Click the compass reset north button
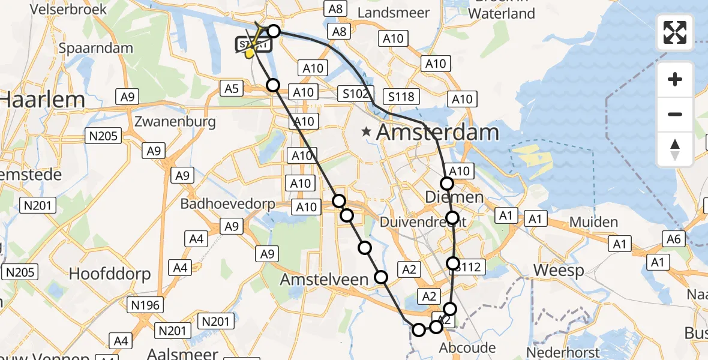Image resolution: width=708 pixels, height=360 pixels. tap(675, 149)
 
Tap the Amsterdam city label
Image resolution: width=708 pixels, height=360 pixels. tap(437, 133)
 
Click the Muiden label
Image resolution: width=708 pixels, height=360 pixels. tap(593, 222)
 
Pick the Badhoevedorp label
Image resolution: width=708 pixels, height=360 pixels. tap(228, 204)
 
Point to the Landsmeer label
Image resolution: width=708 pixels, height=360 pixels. tap(393, 13)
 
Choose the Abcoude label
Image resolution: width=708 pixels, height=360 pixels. tap(467, 347)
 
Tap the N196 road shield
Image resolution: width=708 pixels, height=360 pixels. tap(145, 305)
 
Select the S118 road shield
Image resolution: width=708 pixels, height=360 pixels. tap(401, 97)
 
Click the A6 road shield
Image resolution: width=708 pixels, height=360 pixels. tap(673, 239)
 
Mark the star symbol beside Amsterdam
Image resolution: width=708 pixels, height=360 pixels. tap(366, 131)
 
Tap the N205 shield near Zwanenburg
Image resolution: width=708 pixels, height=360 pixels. tap(104, 137)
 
